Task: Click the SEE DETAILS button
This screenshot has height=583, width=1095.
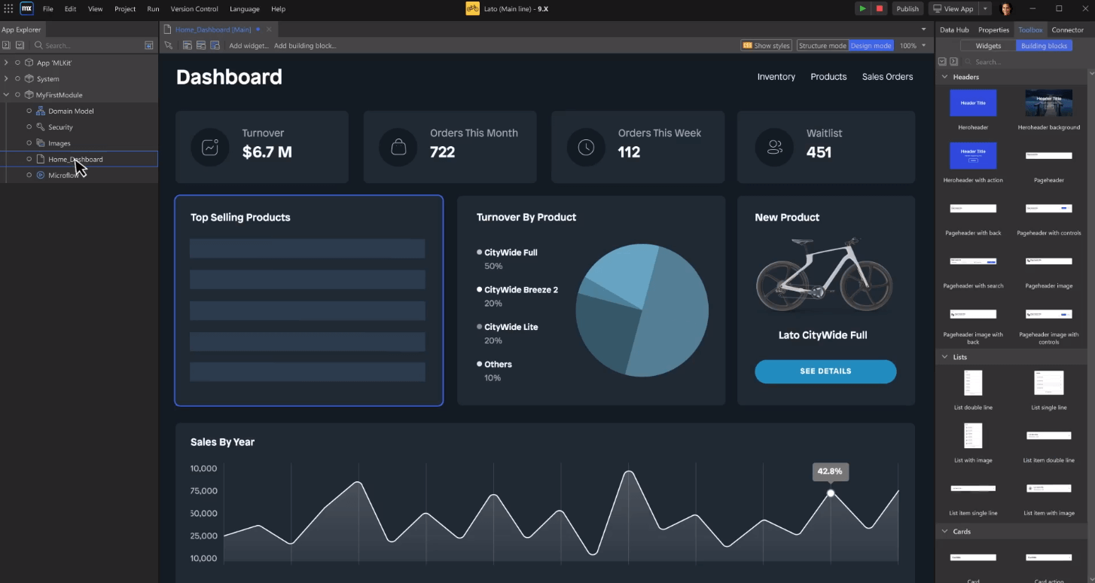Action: pyautogui.click(x=825, y=371)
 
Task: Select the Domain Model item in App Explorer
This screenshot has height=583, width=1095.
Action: pyautogui.click(x=71, y=111)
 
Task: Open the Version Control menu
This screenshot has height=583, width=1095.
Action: pyautogui.click(x=194, y=9)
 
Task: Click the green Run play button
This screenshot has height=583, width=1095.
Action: pyautogui.click(x=862, y=9)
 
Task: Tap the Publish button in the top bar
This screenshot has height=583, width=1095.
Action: pyautogui.click(x=907, y=9)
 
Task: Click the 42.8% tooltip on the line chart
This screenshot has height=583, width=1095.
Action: pyautogui.click(x=830, y=472)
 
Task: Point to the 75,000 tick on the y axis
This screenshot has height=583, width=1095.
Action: pyautogui.click(x=203, y=491)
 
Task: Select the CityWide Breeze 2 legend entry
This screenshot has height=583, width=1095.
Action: pyautogui.click(x=520, y=290)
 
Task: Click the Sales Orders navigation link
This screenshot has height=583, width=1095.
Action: pyautogui.click(x=887, y=77)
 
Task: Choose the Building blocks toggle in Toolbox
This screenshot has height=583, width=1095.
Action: pyautogui.click(x=1044, y=46)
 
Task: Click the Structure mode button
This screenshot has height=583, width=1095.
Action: pyautogui.click(x=822, y=46)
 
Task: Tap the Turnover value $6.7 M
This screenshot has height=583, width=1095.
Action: pyautogui.click(x=267, y=152)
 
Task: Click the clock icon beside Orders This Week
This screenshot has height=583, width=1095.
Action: pyautogui.click(x=586, y=148)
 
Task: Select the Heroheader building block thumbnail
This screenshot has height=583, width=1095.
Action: pyautogui.click(x=973, y=103)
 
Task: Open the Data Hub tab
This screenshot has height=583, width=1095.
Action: pyautogui.click(x=954, y=30)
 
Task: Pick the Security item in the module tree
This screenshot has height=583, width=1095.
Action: pyautogui.click(x=60, y=127)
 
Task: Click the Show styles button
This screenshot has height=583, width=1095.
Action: pyautogui.click(x=767, y=46)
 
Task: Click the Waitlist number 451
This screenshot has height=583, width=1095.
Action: pyautogui.click(x=819, y=152)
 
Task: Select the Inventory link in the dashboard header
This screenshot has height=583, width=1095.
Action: pyautogui.click(x=776, y=77)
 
